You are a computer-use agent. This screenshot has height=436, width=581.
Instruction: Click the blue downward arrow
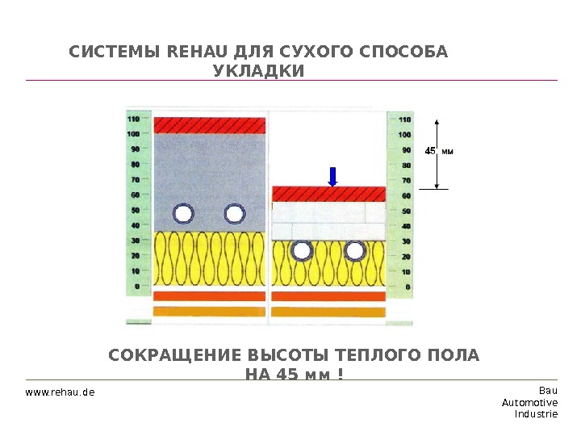(332, 176)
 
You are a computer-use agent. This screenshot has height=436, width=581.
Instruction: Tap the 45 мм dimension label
(440, 150)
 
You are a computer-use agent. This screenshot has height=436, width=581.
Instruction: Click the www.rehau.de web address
(61, 392)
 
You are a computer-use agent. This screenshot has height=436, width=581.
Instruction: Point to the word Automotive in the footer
(529, 402)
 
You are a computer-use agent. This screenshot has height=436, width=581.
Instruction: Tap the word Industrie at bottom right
(536, 413)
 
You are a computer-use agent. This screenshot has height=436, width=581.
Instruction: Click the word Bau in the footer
(548, 391)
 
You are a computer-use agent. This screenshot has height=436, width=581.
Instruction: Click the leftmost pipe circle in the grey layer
(184, 214)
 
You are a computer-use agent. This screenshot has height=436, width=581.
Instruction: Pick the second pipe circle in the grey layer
(235, 214)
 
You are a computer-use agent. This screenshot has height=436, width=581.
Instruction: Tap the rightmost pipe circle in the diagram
(353, 251)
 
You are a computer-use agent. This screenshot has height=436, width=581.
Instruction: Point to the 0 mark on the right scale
(407, 286)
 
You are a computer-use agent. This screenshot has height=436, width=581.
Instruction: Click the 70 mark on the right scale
(406, 180)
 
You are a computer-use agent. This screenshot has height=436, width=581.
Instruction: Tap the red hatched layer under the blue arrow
(328, 195)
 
